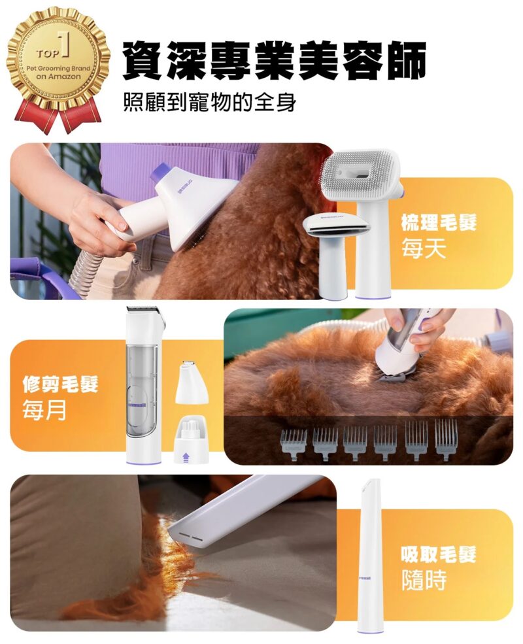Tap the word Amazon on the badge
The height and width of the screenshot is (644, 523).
click(x=65, y=76)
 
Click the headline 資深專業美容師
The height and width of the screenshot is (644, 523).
click(x=274, y=60)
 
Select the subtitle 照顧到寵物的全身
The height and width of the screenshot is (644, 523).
click(x=209, y=102)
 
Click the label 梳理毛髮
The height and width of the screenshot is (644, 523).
click(x=439, y=222)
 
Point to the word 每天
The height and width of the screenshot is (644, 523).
click(x=424, y=248)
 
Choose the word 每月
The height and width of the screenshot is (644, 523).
click(x=44, y=410)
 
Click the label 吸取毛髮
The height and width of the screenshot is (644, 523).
click(x=439, y=555)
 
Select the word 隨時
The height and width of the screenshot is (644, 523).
click(x=424, y=581)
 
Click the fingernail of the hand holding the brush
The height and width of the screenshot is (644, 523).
click(x=122, y=225)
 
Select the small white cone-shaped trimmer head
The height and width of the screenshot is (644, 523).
click(x=190, y=382)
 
